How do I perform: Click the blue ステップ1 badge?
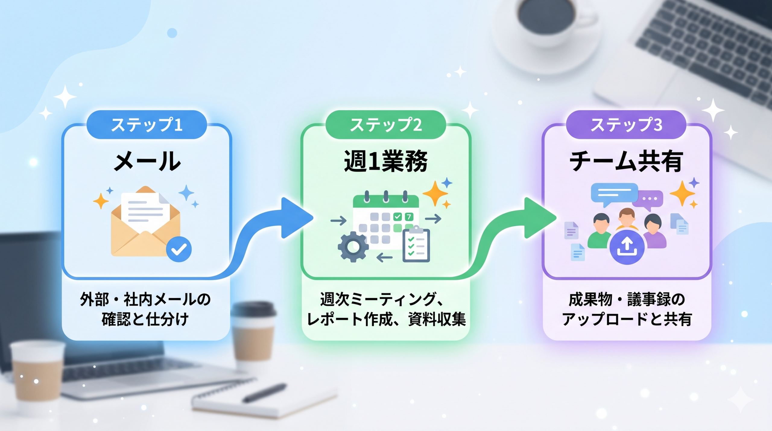click(x=147, y=125)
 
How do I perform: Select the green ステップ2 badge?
click(x=386, y=125)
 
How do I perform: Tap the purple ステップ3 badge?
click(x=626, y=125)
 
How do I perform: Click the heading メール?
click(x=147, y=161)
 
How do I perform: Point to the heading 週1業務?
click(x=386, y=161)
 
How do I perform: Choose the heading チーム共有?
click(x=626, y=161)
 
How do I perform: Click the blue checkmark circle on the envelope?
click(x=179, y=249)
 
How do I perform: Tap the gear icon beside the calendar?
click(x=353, y=247)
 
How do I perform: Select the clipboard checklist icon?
click(x=416, y=244)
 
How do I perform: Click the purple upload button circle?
click(x=627, y=247)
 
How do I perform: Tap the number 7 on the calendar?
click(x=409, y=217)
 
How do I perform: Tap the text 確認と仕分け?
click(x=145, y=319)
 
